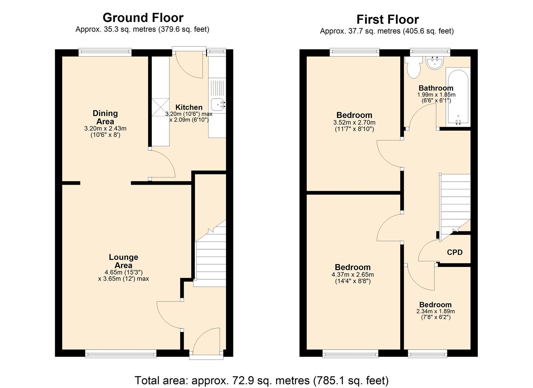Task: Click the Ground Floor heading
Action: [x=143, y=18]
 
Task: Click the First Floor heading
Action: [x=387, y=19]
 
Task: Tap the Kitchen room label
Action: [x=189, y=107]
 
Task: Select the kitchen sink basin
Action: [x=218, y=104]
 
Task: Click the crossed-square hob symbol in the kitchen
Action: [x=160, y=107]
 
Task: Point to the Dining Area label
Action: [x=105, y=117]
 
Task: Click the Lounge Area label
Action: [x=123, y=261]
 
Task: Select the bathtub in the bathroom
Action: [x=457, y=97]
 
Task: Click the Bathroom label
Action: [x=436, y=88]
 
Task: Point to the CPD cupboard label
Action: [x=454, y=252]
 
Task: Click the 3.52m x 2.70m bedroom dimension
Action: [x=354, y=123]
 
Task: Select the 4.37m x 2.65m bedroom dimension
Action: [x=352, y=275]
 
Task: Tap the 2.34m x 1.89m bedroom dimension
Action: [x=435, y=311]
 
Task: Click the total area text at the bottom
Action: [x=261, y=380]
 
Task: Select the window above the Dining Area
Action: [x=105, y=52]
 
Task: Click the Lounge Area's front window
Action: [x=121, y=354]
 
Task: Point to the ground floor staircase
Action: [x=210, y=259]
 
